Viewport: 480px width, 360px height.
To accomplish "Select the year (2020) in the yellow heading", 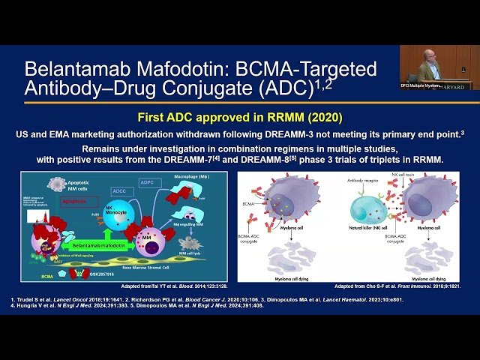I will tap(325, 117).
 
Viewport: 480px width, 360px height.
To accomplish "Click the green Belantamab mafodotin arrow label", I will tap(93, 244).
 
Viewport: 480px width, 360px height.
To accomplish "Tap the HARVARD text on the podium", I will tap(457, 86).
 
